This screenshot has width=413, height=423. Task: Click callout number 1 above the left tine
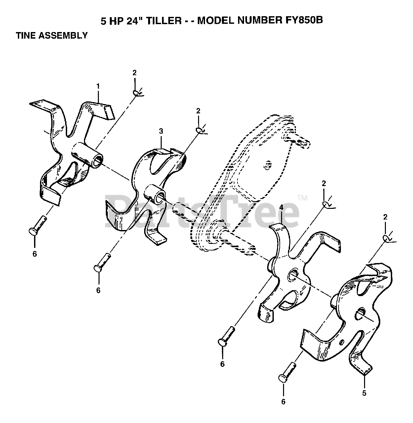[x=98, y=86]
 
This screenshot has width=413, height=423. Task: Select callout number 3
[x=161, y=131]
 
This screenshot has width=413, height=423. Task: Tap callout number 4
[x=281, y=208]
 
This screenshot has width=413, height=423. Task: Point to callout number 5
[x=364, y=393]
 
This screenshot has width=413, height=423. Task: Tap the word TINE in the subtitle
[x=26, y=35]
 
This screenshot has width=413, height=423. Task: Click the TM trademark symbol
[x=302, y=198]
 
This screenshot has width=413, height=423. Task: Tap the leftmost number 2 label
[x=134, y=73]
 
